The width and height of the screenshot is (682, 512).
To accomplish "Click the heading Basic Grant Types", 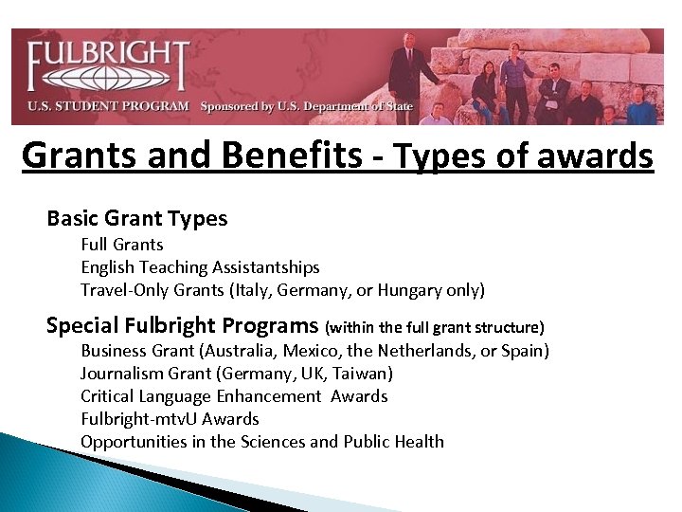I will point(137,219).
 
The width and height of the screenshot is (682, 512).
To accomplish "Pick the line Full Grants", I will point(122,245).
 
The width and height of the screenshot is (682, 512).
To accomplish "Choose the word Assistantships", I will point(266,267).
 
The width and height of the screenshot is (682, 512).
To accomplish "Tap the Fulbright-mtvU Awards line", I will point(170,419).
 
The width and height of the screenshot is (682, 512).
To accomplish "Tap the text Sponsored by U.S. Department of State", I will point(306,106).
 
